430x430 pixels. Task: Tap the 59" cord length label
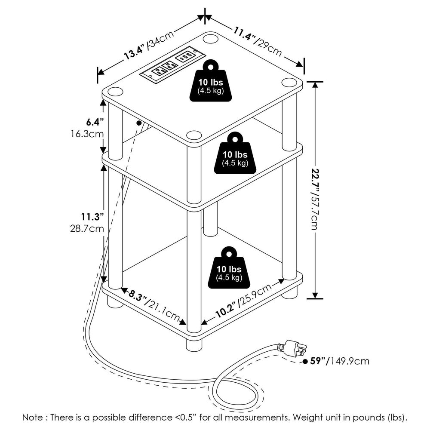318,361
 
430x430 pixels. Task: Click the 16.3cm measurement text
88,133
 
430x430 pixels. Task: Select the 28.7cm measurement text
88,229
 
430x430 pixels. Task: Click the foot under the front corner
194,344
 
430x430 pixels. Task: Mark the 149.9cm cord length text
350,361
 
